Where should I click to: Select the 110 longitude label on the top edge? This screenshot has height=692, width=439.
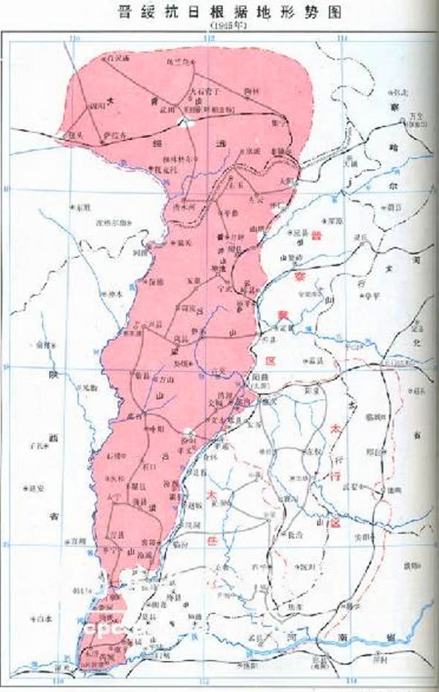[75, 38]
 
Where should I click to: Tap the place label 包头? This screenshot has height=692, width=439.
[75, 134]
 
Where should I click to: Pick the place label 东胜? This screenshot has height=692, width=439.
[82, 207]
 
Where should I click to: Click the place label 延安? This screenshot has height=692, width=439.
[36, 488]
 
